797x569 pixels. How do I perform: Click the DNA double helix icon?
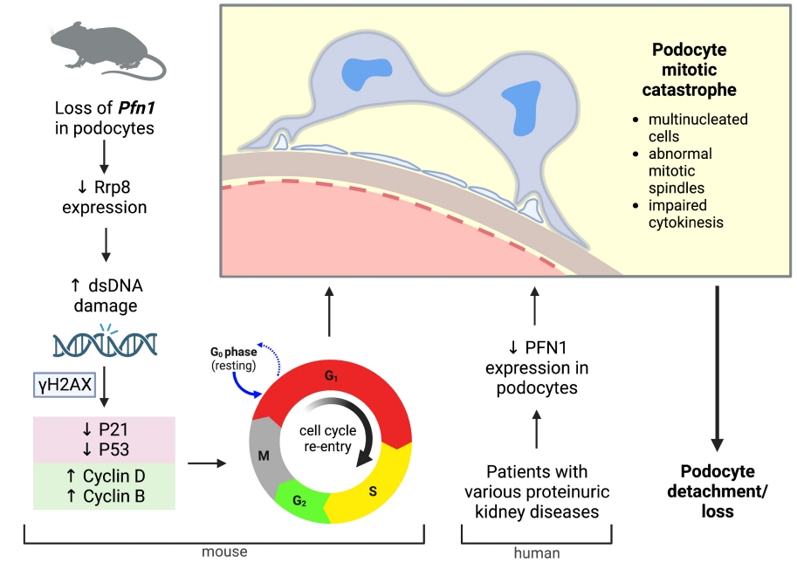click(x=105, y=344)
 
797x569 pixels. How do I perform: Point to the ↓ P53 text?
click(x=105, y=449)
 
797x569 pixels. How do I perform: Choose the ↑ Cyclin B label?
click(x=105, y=497)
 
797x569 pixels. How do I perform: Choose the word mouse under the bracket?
click(x=223, y=552)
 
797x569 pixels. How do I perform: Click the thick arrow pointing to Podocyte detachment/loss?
click(x=718, y=366)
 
